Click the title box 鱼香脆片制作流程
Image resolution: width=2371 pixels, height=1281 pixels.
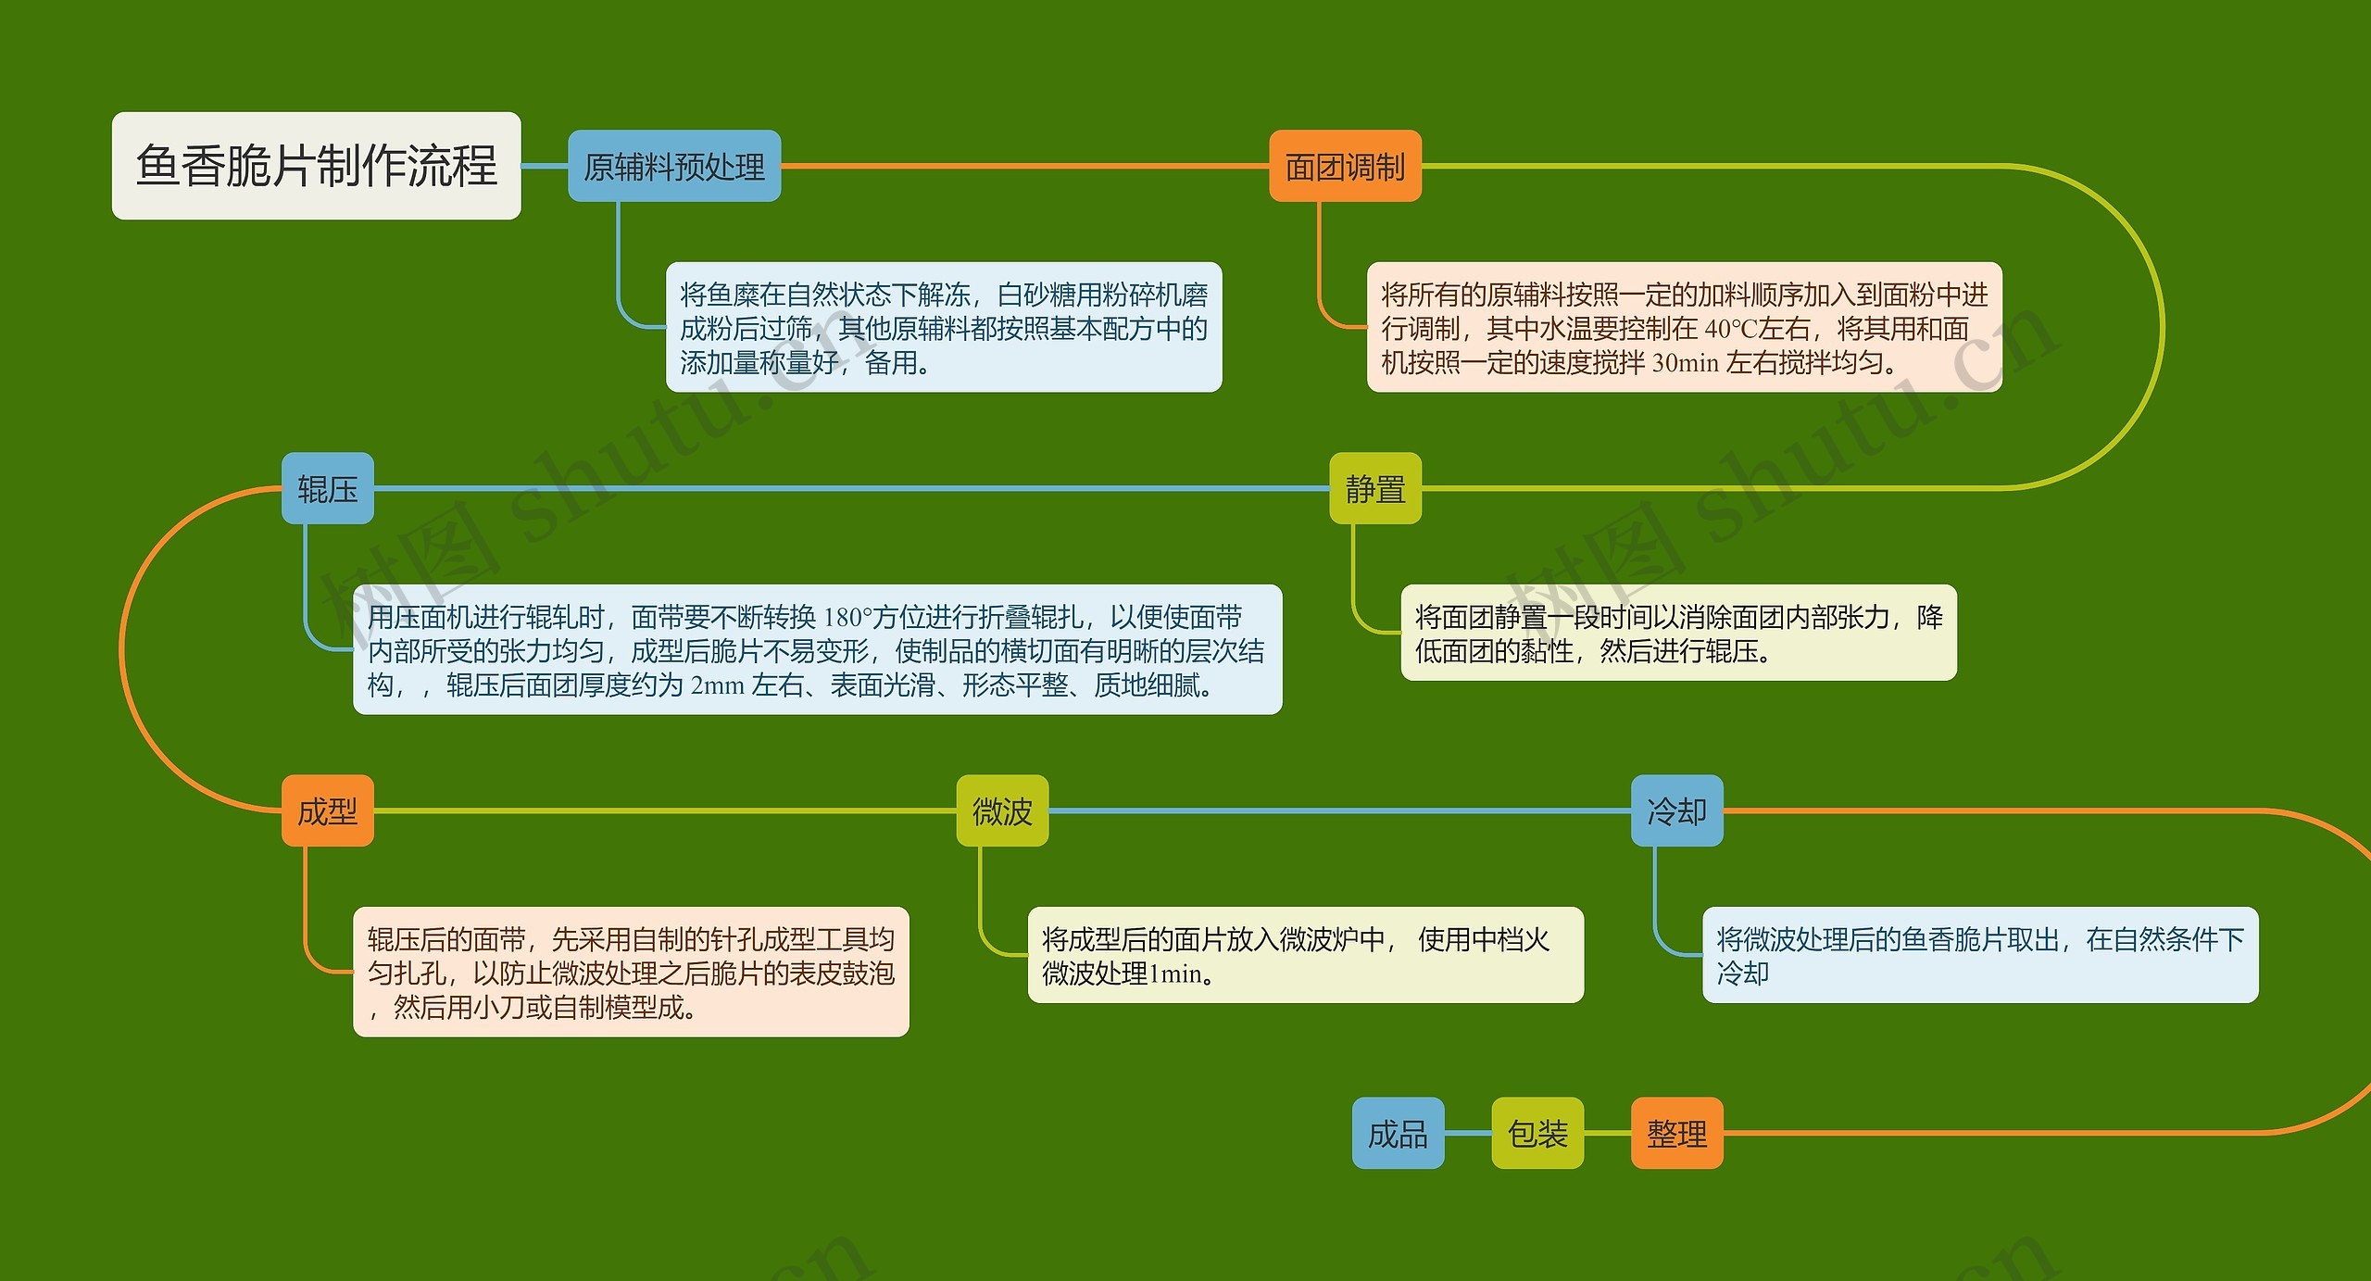(x=316, y=166)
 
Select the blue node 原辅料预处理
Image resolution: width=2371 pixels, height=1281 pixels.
(x=674, y=167)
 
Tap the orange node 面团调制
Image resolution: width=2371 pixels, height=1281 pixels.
(x=1345, y=167)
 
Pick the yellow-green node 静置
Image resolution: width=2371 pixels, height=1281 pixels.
(x=1375, y=489)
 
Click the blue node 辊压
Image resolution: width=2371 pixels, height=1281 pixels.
(x=328, y=489)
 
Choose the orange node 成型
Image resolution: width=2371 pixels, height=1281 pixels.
(x=328, y=811)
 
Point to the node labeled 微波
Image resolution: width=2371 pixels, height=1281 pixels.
(x=1002, y=811)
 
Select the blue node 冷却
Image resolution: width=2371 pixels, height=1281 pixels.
(x=1676, y=811)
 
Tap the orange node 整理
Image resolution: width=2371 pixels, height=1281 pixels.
(x=1676, y=1134)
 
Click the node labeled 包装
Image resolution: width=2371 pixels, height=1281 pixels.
(x=1537, y=1134)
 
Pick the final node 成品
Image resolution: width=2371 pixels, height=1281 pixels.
(x=1398, y=1134)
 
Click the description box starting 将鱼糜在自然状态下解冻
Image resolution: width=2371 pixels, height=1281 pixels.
(x=944, y=328)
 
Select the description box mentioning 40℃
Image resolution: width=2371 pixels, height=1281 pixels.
(x=1684, y=328)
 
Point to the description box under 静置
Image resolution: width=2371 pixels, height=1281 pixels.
(x=1678, y=634)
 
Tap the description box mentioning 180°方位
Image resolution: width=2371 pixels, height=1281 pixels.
(x=817, y=650)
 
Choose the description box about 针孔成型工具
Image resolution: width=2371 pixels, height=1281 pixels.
(x=631, y=973)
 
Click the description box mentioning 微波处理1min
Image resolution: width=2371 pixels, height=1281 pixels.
(x=1305, y=956)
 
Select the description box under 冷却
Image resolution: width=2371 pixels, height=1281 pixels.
(x=1980, y=956)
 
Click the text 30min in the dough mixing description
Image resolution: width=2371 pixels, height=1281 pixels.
(x=1686, y=363)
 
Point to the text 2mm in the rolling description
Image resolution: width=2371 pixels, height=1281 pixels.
(x=718, y=686)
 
